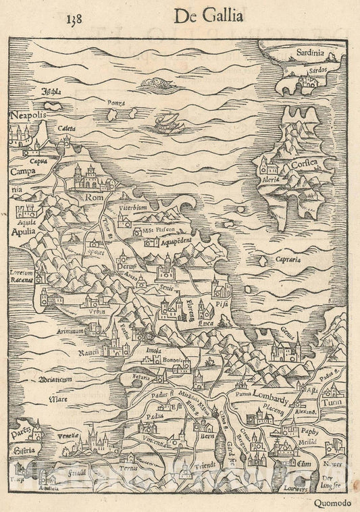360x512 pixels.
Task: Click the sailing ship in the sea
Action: click(163, 124)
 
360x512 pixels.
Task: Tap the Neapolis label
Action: click(28, 116)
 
